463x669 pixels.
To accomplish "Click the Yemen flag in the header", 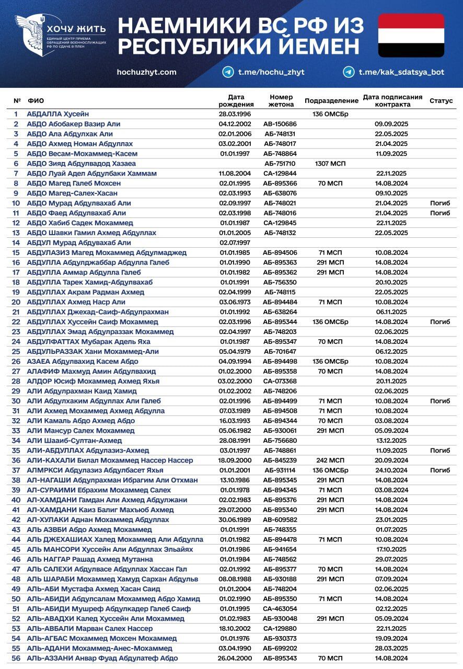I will [x=411, y=36].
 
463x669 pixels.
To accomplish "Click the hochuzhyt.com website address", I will [x=146, y=72].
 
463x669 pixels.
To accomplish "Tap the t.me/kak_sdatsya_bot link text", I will [x=401, y=72].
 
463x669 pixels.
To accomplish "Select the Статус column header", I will [x=441, y=100].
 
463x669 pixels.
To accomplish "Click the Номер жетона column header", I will [x=281, y=100].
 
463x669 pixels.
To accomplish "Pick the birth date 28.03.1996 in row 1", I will [x=235, y=114].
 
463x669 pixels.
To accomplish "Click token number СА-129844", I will [x=280, y=174].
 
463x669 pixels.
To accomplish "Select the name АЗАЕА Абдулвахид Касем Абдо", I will [x=83, y=362].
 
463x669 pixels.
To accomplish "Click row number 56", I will [x=16, y=658].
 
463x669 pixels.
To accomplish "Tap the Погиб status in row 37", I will [x=440, y=470].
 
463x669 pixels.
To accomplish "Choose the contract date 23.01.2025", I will [x=391, y=520].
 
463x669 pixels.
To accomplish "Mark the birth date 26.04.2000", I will [x=235, y=658].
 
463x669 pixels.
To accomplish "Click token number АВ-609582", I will [x=280, y=520].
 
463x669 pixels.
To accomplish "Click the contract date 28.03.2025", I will [x=391, y=648].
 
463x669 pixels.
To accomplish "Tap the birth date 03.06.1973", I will [x=235, y=302].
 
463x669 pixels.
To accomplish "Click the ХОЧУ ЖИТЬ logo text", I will [x=76, y=29].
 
